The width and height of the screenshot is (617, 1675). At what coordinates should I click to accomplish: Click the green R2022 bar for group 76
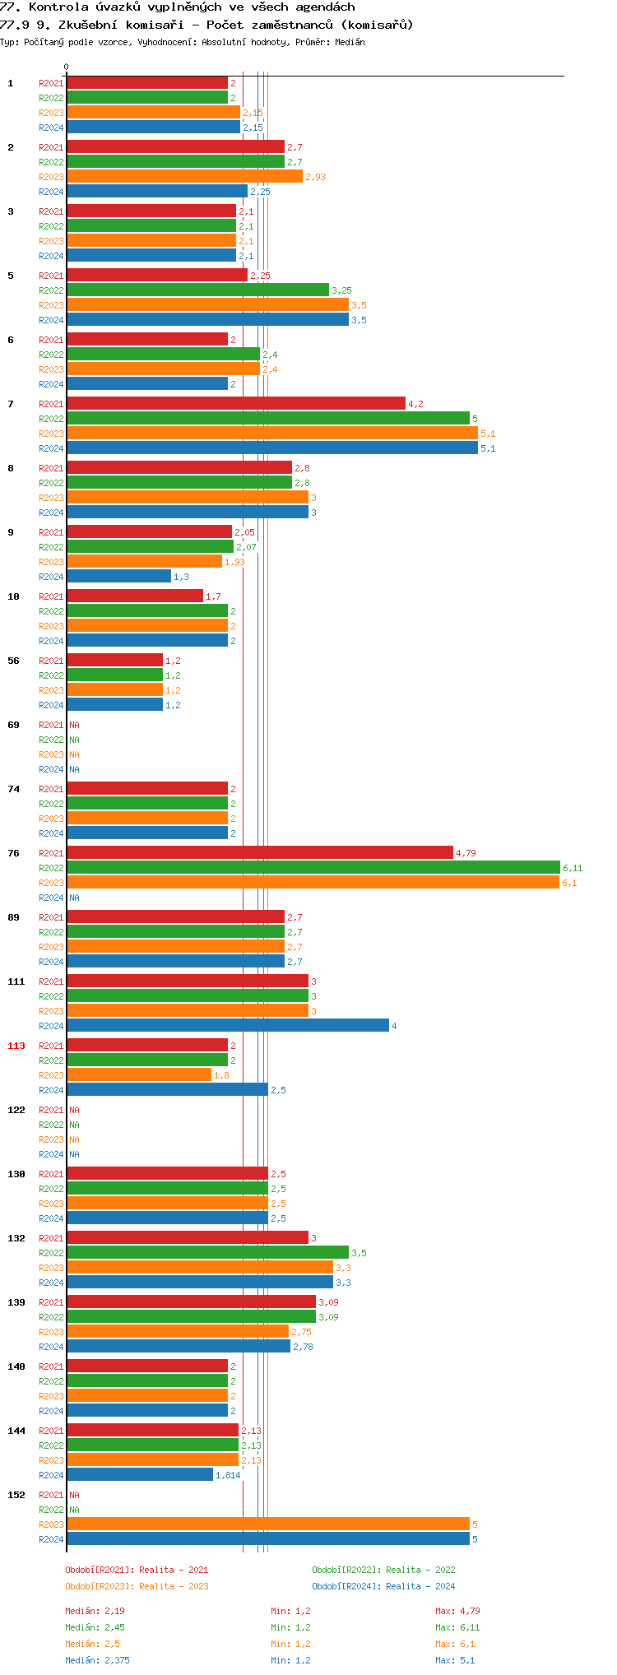tap(313, 867)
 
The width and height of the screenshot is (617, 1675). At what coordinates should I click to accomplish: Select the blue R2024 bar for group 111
tap(228, 1025)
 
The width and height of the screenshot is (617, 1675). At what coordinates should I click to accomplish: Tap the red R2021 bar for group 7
tap(236, 403)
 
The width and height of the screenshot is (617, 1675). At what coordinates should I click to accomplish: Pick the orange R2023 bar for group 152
tap(267, 1524)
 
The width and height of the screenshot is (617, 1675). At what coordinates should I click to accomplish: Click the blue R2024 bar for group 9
tap(118, 576)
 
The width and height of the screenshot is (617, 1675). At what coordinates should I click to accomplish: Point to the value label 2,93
tap(315, 177)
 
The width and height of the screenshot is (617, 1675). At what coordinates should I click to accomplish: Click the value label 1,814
tap(228, 1475)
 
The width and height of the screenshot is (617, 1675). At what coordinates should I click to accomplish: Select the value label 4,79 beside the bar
tap(466, 853)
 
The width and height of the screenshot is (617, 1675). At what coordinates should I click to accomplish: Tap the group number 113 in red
tap(16, 1046)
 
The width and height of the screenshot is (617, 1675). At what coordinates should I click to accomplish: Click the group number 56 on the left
tap(14, 661)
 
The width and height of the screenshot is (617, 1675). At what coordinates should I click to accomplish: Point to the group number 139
tap(16, 1302)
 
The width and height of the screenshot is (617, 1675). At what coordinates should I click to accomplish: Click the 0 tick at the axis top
tap(67, 67)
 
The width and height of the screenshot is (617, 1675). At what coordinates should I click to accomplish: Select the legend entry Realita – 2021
tap(174, 1570)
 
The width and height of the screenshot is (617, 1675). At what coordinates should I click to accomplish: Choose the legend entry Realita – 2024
tap(420, 1586)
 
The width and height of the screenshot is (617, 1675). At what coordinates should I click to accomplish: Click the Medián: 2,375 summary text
tap(97, 1660)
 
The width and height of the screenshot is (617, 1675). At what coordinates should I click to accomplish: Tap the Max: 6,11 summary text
tap(457, 1627)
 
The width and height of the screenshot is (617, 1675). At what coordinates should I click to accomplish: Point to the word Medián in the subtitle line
tap(350, 42)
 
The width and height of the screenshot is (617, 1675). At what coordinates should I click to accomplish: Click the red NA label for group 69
tap(74, 725)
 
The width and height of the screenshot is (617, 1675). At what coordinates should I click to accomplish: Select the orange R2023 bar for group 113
tap(139, 1074)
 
